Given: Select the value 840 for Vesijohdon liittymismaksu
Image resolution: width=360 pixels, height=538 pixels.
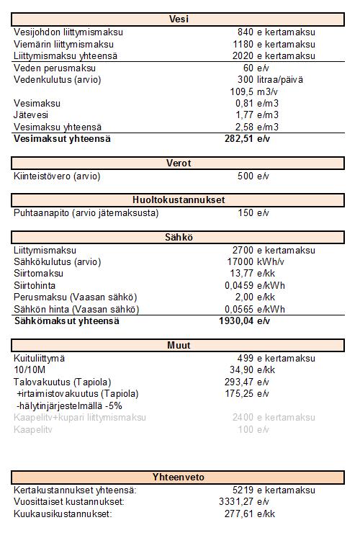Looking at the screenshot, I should click(246, 32).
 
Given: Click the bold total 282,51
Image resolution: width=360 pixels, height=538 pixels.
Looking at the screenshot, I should click(240, 138).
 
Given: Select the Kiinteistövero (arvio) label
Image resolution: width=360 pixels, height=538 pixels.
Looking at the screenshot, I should click(57, 176).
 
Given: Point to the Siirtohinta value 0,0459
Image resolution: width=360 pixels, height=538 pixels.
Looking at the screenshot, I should click(239, 285).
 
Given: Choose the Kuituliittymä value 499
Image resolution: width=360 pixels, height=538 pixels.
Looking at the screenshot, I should click(246, 358).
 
